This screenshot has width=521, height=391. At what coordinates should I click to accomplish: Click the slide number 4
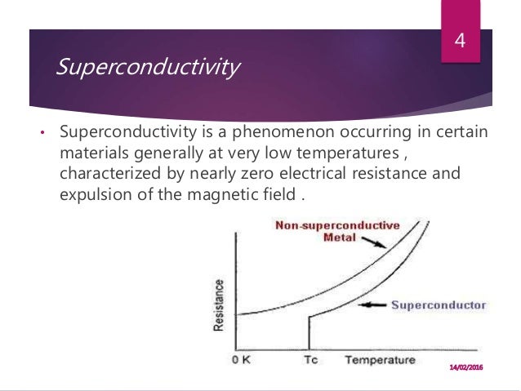[459, 41]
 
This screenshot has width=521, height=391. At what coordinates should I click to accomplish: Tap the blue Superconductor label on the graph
[439, 305]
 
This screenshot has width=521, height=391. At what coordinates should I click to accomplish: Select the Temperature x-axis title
[380, 360]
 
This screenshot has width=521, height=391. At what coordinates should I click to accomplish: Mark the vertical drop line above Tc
[309, 333]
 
